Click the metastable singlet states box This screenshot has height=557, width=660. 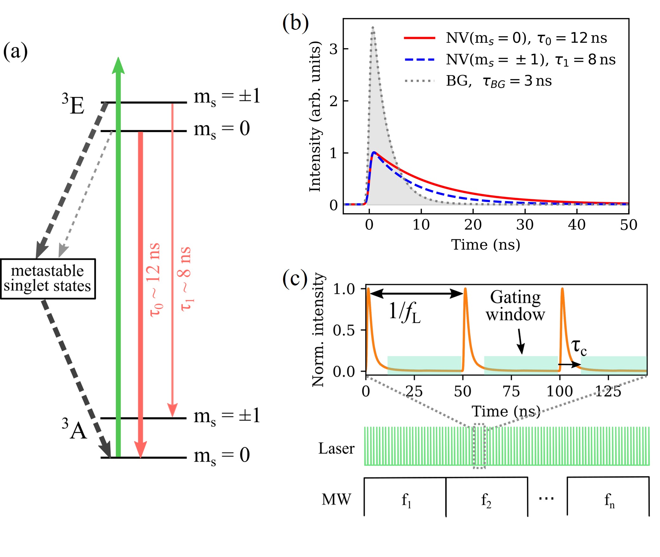[x=48, y=278]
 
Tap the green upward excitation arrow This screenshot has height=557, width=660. [x=118, y=253]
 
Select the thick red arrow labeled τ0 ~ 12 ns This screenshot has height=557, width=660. [x=141, y=285]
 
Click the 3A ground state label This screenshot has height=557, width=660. [x=74, y=429]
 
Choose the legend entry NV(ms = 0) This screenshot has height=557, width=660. [x=508, y=38]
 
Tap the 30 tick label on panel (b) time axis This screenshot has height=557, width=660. [x=525, y=225]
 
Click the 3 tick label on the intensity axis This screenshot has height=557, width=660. [x=333, y=49]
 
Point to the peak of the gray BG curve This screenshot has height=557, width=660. [x=373, y=28]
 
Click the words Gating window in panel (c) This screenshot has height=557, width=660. [x=515, y=306]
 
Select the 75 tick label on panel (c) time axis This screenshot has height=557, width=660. [x=511, y=392]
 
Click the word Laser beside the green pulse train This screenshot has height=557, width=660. [x=336, y=448]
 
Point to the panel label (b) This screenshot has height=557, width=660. [x=295, y=23]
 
